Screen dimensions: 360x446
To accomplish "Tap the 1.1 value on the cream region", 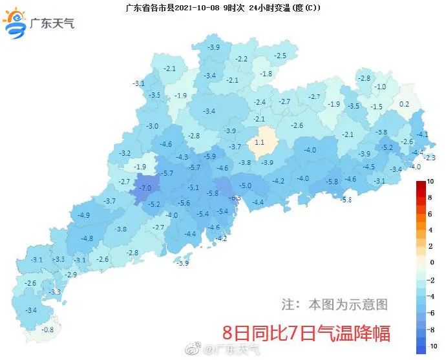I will pos(260,142).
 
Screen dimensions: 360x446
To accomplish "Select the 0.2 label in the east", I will pos(405,104).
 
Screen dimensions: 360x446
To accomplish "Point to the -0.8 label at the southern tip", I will pos(47,330).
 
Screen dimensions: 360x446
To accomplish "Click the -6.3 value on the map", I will pos(235,198).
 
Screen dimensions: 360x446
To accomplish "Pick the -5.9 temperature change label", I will pos(209,156).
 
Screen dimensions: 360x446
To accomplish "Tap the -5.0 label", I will pos(246,186).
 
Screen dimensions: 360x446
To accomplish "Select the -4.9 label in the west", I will pos(83,215).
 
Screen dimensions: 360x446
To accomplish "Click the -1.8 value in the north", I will pos(266,74).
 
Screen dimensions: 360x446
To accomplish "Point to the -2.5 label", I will pos(280,56).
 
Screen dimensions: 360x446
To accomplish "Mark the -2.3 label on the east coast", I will pos(429,158).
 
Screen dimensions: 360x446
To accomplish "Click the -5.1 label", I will pos(193,187).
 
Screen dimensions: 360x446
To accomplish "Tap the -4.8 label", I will pos(87,238).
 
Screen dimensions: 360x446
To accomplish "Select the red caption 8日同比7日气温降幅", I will pos(306,334).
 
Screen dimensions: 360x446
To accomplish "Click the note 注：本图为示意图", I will pos(335,303).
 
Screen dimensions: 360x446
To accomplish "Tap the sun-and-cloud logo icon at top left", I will pos(16,23).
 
